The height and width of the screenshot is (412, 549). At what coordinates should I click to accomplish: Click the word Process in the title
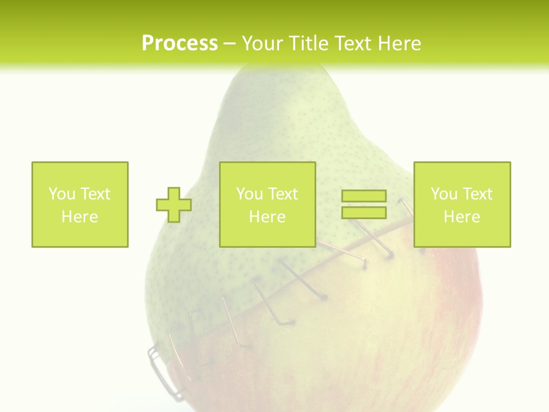(x=180, y=43)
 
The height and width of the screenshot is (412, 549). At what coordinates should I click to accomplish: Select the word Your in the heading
(x=264, y=43)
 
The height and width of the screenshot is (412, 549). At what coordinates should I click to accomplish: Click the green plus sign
(x=174, y=204)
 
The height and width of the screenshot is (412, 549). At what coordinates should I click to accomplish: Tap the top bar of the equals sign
(x=364, y=196)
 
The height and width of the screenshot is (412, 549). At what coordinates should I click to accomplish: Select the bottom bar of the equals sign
(x=364, y=212)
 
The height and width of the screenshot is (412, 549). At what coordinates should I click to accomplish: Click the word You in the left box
(x=61, y=193)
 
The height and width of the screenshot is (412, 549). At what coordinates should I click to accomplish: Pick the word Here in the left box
(x=79, y=216)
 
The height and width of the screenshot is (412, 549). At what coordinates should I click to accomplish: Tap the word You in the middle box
(x=249, y=193)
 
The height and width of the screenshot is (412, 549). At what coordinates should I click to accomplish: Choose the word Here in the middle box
(x=267, y=216)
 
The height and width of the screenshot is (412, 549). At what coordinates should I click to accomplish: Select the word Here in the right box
(x=462, y=216)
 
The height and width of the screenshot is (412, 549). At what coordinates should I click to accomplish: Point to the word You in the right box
(x=444, y=193)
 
